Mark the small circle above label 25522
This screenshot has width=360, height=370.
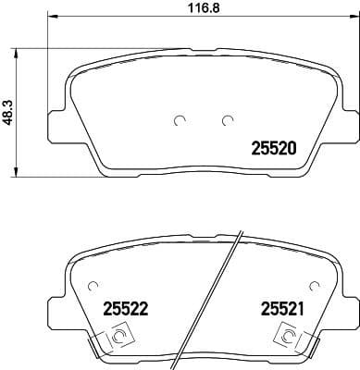[x=92, y=286]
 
